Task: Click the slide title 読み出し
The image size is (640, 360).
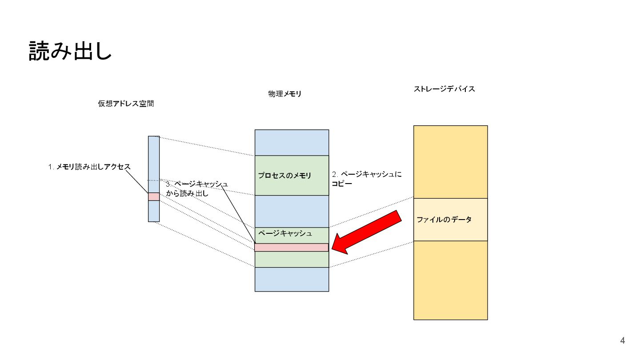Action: pyautogui.click(x=70, y=51)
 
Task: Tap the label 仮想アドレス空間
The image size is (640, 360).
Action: pyautogui.click(x=126, y=104)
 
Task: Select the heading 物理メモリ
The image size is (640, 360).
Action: pyautogui.click(x=284, y=94)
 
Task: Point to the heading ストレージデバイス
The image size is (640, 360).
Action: pyautogui.click(x=444, y=89)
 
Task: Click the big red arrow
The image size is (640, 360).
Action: pyautogui.click(x=368, y=233)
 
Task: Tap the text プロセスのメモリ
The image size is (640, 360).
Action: pyautogui.click(x=285, y=176)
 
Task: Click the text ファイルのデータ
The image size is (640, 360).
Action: pyautogui.click(x=444, y=220)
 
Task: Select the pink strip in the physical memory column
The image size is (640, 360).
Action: pyautogui.click(x=291, y=248)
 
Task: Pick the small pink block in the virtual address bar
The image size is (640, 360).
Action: pyautogui.click(x=154, y=196)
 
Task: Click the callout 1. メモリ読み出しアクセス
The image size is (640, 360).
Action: pyautogui.click(x=89, y=167)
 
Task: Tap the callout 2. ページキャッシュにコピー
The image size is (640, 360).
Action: pyautogui.click(x=366, y=179)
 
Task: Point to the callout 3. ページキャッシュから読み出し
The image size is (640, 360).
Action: pyautogui.click(x=196, y=189)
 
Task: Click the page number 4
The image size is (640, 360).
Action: pyautogui.click(x=622, y=341)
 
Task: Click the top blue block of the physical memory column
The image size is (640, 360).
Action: pyautogui.click(x=292, y=142)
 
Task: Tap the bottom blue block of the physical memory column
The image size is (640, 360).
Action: pyautogui.click(x=292, y=279)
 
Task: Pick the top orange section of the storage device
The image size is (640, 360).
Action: pyautogui.click(x=450, y=162)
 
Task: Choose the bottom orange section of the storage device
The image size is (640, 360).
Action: pyautogui.click(x=450, y=280)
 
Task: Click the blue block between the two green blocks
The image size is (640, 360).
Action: pyautogui.click(x=292, y=211)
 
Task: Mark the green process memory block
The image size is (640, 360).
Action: pyautogui.click(x=292, y=187)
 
